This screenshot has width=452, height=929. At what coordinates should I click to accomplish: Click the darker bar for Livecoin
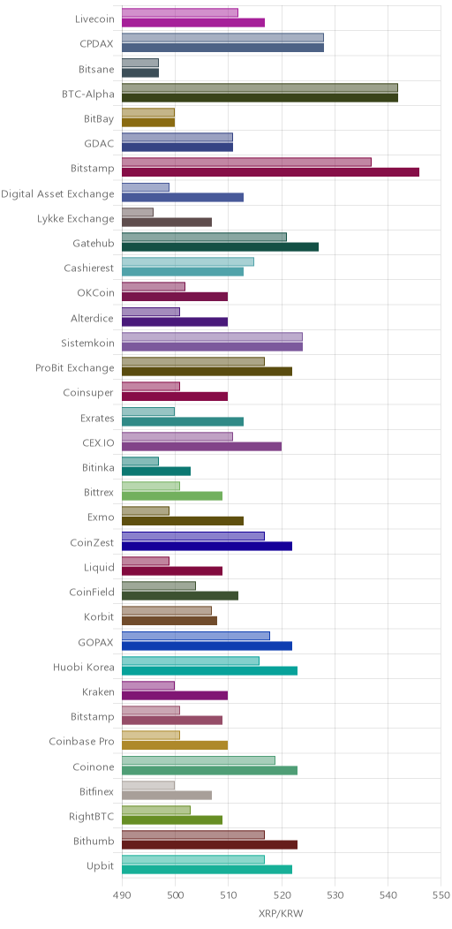click(x=193, y=22)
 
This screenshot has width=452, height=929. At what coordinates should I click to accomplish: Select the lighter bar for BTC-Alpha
click(x=260, y=87)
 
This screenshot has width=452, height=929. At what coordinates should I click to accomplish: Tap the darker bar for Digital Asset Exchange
click(x=183, y=197)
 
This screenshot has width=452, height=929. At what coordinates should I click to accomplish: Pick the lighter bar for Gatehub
click(x=205, y=237)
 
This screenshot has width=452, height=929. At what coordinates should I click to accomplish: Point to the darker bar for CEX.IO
click(x=202, y=447)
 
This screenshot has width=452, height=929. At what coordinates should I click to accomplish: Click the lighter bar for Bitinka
click(x=140, y=461)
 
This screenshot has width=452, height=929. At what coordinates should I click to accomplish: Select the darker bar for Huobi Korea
click(x=210, y=670)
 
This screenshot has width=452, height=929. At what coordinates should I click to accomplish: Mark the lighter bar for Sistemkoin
click(x=212, y=336)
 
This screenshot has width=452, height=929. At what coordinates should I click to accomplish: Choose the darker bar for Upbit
click(x=207, y=870)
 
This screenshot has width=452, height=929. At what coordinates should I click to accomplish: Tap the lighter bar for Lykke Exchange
click(x=138, y=212)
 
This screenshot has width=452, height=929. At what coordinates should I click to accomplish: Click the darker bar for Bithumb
click(x=210, y=845)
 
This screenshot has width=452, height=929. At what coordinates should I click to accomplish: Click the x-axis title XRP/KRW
click(x=282, y=914)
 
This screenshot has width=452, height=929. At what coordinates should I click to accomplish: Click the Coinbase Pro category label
click(x=82, y=741)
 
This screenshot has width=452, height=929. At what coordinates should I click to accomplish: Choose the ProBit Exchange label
click(x=75, y=368)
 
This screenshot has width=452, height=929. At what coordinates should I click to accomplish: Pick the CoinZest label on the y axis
click(x=91, y=542)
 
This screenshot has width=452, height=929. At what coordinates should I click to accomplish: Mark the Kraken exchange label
click(x=98, y=691)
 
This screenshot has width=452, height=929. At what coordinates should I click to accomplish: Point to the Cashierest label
click(x=89, y=268)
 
